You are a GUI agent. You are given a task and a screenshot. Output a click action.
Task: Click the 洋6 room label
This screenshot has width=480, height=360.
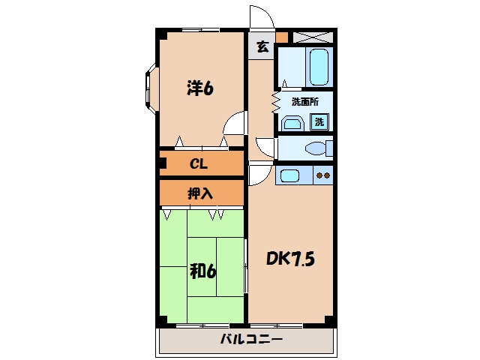pos(200,88)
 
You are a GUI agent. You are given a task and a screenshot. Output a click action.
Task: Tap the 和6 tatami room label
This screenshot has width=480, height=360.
pos(202,271)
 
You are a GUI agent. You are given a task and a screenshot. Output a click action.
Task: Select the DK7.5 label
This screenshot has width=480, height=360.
pos(290,259)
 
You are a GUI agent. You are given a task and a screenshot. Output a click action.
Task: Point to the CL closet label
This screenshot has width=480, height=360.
pos(199,163)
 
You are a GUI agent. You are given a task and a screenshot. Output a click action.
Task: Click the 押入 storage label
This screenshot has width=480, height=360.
pos(200,193)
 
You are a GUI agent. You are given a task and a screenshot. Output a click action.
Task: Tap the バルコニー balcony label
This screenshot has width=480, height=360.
pos(251,339)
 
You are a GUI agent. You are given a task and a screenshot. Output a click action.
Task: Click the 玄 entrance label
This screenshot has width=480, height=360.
pos(262,46)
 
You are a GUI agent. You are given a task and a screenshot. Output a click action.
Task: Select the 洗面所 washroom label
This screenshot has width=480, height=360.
pos(305,102)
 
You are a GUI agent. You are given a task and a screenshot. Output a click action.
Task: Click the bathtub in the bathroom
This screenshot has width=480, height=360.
pos(319,67)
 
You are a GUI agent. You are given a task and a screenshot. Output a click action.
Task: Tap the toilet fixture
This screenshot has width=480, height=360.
pos(319,148)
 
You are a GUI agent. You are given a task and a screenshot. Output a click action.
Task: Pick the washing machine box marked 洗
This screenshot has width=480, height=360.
pos(319,121)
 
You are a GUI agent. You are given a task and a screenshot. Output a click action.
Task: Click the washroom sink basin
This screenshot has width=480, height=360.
pos(293,123)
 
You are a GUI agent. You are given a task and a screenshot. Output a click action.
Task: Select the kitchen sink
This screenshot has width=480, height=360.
pos(289,175)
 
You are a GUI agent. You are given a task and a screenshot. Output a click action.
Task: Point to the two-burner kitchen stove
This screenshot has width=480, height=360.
pos(323,175)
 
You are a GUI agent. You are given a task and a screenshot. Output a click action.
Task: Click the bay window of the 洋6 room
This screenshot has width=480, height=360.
pos(151,88)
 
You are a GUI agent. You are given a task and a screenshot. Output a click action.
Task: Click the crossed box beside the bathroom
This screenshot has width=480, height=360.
pos(313,37)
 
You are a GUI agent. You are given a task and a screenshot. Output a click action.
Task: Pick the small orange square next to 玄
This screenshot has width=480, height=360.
pos(282,37)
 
